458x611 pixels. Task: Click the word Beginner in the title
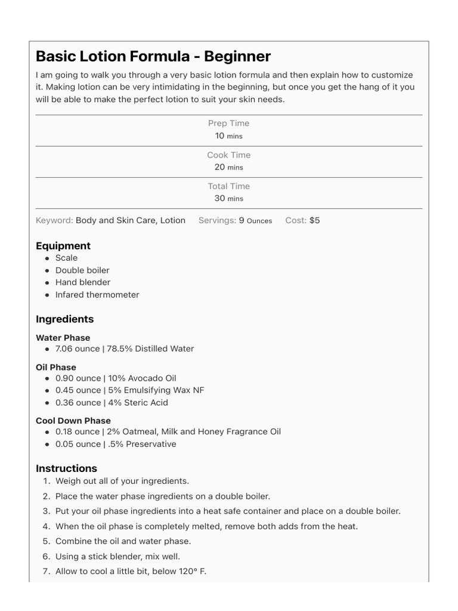point(237,57)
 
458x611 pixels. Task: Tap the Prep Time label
point(229,124)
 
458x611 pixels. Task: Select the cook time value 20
point(219,167)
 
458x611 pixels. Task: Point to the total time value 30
point(219,198)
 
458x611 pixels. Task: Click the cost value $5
point(314,220)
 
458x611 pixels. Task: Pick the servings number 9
point(242,220)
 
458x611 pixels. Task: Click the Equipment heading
point(63,246)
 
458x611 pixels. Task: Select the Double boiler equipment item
point(82,270)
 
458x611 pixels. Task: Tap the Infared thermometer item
point(97,295)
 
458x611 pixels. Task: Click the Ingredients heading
point(64,319)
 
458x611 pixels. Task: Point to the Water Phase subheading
point(63,338)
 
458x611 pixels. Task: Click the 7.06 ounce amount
point(78,348)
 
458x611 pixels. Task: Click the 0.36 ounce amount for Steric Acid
point(78,403)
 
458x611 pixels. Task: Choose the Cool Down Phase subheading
point(73,421)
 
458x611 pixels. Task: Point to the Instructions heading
point(66,468)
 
